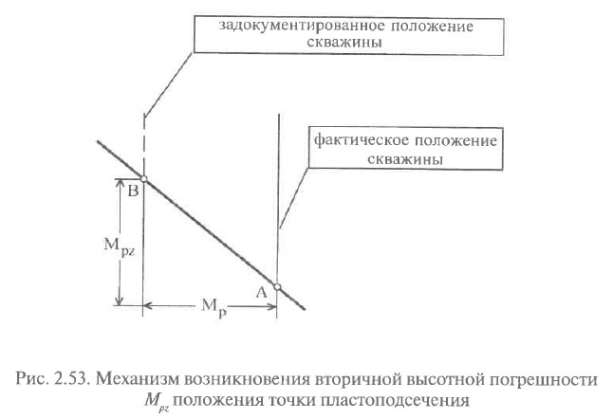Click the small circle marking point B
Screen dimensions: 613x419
click(143, 179)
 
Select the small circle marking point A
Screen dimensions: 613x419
click(277, 287)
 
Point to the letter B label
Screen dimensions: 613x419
click(133, 191)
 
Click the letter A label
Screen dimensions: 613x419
click(261, 293)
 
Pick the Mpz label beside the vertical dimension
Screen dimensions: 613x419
click(119, 246)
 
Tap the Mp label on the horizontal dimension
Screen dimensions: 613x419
click(214, 306)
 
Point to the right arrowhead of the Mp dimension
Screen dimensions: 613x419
click(271, 306)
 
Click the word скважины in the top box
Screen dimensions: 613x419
click(344, 42)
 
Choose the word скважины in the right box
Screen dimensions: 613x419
click(405, 159)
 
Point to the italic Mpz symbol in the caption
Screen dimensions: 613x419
click(157, 401)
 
